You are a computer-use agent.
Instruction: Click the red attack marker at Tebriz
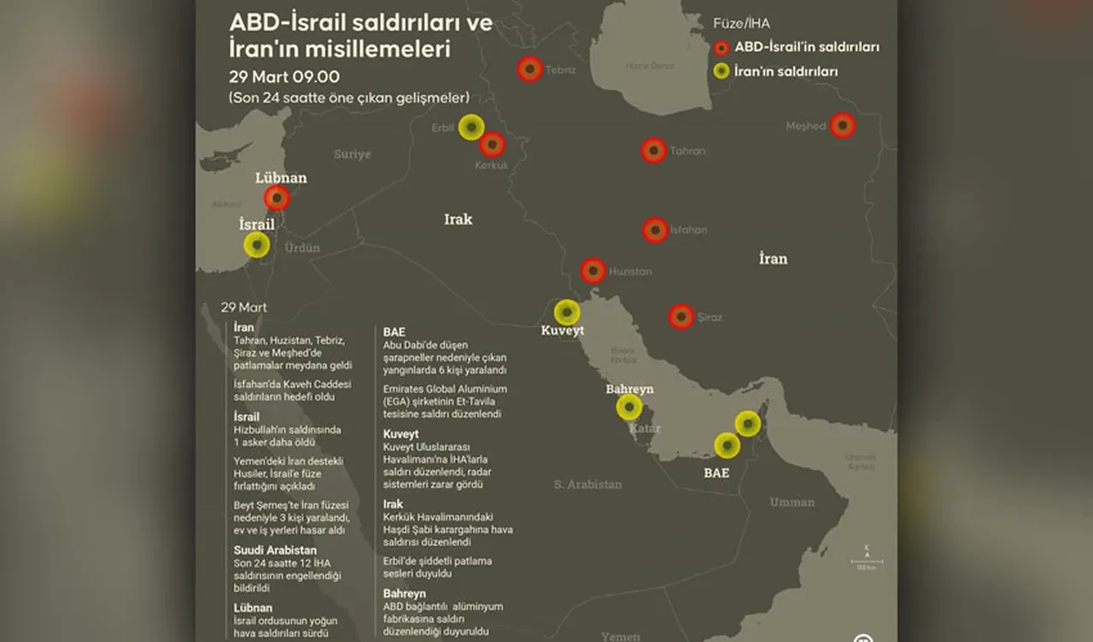(529, 69)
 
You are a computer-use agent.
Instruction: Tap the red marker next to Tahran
(654, 151)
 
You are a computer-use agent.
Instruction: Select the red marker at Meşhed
(843, 125)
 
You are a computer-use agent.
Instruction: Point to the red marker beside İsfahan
(655, 231)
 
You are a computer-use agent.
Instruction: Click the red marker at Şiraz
(681, 317)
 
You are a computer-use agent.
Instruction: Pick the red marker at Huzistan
(593, 271)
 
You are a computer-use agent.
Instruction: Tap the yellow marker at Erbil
(471, 127)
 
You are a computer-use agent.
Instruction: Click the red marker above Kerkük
(492, 144)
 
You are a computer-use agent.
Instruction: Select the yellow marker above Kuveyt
(567, 312)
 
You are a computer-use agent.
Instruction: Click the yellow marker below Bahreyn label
(629, 407)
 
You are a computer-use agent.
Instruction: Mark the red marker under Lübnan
(277, 198)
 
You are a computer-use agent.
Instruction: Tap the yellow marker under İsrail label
(256, 245)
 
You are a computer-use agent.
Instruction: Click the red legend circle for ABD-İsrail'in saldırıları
(722, 48)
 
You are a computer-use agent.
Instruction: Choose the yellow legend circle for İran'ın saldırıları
(722, 71)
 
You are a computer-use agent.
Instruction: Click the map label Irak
(458, 219)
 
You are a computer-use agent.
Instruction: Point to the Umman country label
(792, 502)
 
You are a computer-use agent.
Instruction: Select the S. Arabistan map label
(587, 484)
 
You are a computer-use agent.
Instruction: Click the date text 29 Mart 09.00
(283, 77)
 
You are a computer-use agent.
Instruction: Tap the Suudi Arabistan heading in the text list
(275, 551)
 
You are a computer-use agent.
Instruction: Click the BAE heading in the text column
(394, 331)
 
